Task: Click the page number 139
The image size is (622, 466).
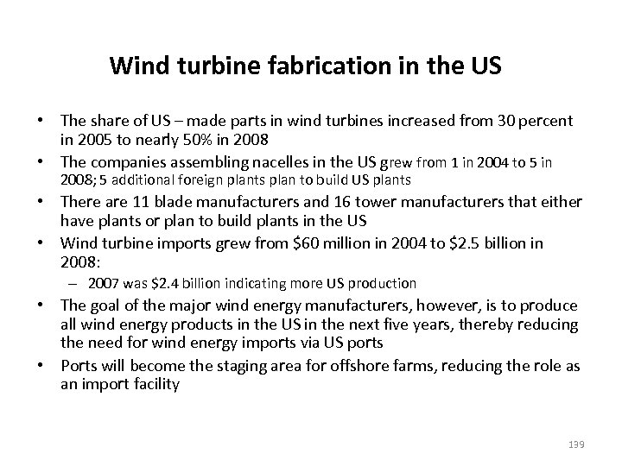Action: [x=577, y=444]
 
